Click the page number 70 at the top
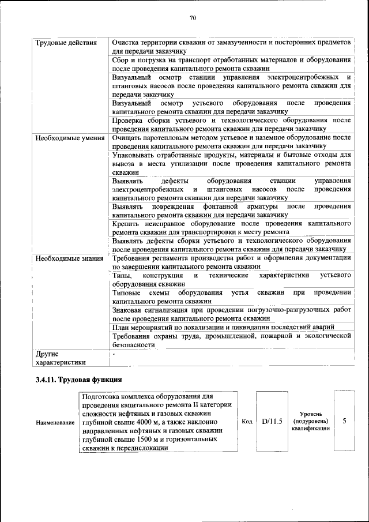coord(193,18)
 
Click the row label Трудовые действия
coord(62,43)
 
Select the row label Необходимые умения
coord(69,138)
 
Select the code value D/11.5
coord(272,422)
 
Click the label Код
coord(246,422)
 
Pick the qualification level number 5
coord(344,422)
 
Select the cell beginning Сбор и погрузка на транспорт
coord(231,64)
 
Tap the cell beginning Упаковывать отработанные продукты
coord(231,164)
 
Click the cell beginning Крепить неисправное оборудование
coord(231,227)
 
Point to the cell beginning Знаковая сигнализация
coord(231,314)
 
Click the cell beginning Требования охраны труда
coord(231,340)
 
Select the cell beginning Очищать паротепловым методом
coord(231,142)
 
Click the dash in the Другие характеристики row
coord(114,353)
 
